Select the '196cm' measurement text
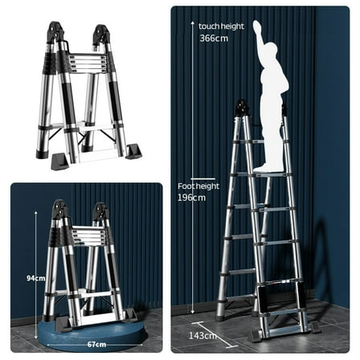click(190, 197)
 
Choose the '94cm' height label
click(35, 277)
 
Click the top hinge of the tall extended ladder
click(240, 107)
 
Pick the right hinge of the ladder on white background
click(101, 35)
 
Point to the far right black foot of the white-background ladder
click(133, 151)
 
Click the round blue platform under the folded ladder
click(84, 325)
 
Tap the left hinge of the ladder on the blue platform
click(59, 211)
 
